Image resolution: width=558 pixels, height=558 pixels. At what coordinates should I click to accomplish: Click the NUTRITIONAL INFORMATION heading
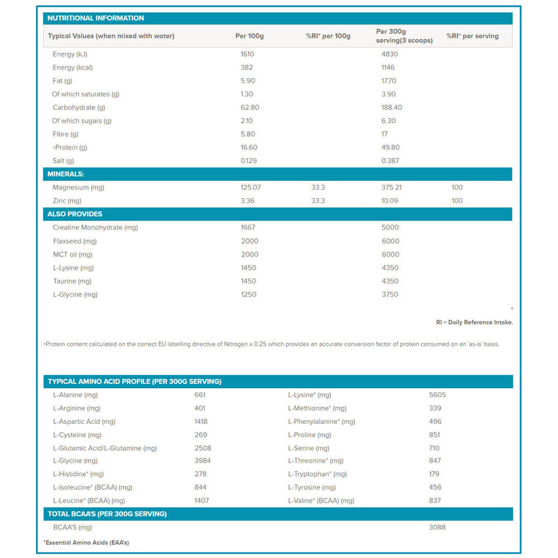pos(95,18)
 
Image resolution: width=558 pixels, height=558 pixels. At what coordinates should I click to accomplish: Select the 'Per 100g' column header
pos(249,36)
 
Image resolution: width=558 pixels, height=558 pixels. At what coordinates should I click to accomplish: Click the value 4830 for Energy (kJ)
pos(389,54)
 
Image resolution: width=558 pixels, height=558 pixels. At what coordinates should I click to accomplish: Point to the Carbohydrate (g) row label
pos(79,108)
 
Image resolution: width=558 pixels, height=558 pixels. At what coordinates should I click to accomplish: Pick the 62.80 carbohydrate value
pos(249,108)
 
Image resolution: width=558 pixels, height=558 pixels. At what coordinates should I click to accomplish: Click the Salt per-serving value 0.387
pos(391,161)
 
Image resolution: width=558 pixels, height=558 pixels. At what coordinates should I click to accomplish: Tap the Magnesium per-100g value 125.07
pos(251,187)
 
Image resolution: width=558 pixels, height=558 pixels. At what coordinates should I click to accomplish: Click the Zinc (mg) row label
pos(67,201)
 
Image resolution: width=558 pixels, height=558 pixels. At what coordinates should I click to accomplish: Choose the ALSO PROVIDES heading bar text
pos(75,214)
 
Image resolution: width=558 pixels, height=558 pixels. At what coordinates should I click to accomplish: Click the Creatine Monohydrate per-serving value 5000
pos(390,228)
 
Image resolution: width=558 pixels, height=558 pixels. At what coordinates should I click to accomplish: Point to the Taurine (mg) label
pos(72,281)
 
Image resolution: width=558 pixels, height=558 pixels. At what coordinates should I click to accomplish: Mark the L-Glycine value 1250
pos(248,295)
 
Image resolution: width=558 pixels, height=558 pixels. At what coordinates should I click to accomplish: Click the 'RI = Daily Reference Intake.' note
pos(474,323)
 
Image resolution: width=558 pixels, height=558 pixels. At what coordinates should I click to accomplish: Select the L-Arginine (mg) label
pos(76,408)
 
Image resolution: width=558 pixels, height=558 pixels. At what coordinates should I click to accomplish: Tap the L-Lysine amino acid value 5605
pos(437,395)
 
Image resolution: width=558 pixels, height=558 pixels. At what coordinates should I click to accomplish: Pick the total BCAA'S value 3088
pos(437,527)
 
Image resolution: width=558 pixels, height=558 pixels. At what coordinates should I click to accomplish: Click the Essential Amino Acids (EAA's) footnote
pos(86,542)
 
